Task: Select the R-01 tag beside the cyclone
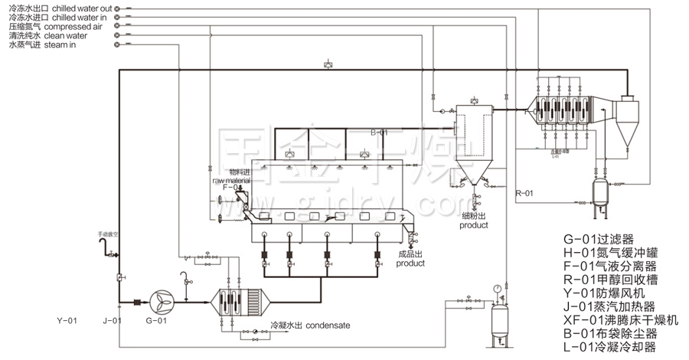[524, 193]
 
